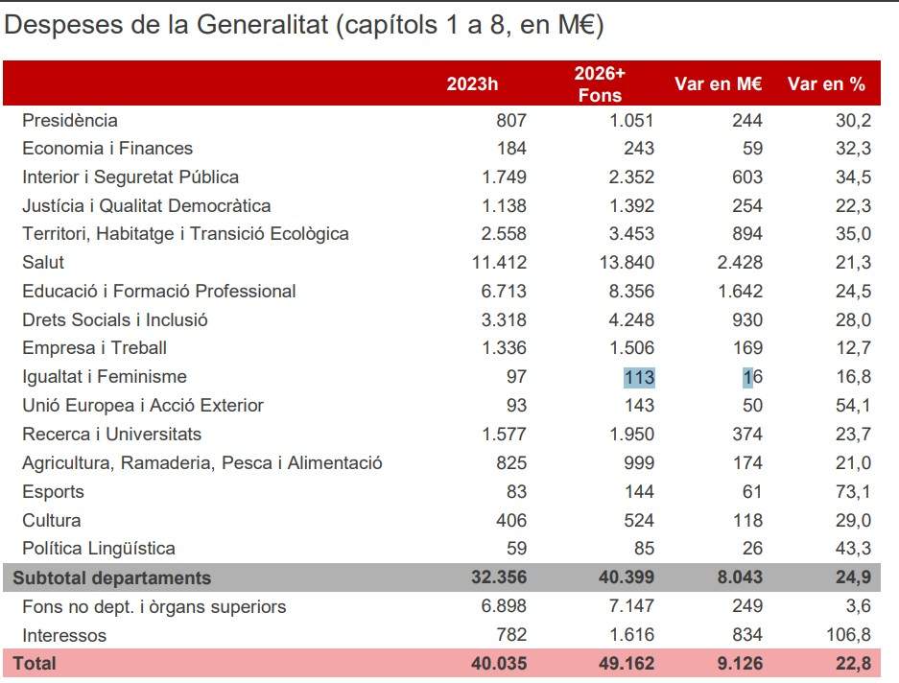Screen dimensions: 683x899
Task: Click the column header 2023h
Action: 472,84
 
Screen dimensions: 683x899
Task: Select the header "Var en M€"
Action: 719,84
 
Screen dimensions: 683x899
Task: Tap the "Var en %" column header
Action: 826,84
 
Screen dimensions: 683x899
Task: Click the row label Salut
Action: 43,262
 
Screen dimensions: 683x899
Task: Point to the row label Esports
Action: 53,492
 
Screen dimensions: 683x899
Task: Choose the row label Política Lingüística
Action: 99,549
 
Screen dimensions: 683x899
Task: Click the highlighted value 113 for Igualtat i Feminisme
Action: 639,377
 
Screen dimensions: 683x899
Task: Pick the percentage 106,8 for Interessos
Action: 848,635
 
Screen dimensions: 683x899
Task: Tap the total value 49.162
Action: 626,663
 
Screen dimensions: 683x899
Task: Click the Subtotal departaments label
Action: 111,577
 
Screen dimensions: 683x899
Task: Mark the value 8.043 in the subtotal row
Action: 735,577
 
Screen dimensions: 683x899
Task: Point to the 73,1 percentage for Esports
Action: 853,492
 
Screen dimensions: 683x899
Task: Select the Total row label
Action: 34,663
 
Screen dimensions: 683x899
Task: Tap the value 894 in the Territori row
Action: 745,234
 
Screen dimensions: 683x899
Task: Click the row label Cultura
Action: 51,521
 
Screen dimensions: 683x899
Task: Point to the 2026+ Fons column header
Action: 600,84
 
